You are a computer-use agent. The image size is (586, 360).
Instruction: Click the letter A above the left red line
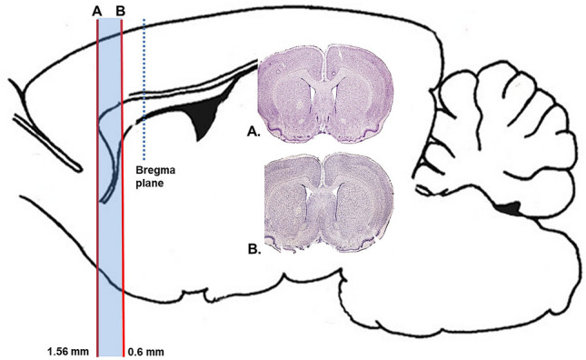(96, 10)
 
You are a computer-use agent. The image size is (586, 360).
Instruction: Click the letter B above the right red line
(122, 10)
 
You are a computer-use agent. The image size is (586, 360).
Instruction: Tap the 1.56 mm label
(65, 350)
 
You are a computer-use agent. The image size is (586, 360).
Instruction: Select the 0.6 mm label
(145, 350)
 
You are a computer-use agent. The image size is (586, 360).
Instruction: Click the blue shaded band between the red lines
(110, 227)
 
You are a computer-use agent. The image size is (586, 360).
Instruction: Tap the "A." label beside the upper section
(253, 131)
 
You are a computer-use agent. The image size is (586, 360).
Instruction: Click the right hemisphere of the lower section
(360, 205)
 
